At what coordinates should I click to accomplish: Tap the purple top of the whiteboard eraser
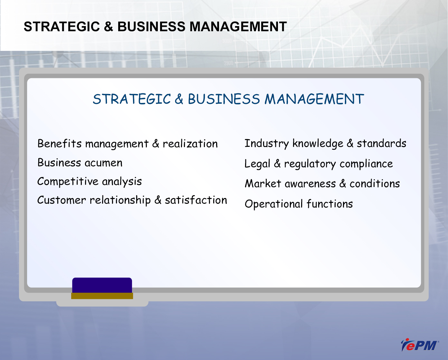coord(102,285)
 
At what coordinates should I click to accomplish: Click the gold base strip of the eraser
coord(102,296)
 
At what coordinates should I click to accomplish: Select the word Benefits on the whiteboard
coord(60,144)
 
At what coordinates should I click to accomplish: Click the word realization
coord(190,144)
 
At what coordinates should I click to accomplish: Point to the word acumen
coord(103,163)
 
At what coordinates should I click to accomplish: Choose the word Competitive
coord(68,182)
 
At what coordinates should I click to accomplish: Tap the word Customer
coord(62,200)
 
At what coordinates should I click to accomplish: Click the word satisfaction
coord(196,200)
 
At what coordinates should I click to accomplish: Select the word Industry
coord(267,144)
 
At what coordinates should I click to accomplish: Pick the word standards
coord(381,143)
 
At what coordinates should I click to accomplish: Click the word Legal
coord(257,164)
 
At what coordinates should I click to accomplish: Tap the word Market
coord(263,184)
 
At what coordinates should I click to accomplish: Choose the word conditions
coord(375,184)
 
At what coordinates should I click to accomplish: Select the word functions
coord(330,204)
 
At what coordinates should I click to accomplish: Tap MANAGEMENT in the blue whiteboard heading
coord(314,99)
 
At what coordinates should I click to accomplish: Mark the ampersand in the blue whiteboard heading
coord(179,99)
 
